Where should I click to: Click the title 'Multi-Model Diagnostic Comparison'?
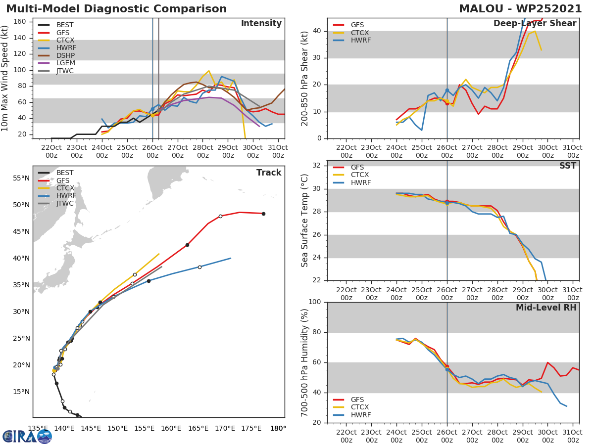coord(116,9)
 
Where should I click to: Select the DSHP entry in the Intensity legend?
coord(65,55)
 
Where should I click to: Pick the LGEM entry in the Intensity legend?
coord(65,63)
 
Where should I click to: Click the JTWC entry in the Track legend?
coord(65,203)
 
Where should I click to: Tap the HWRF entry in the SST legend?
coord(360,182)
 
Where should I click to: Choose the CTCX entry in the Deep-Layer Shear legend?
coord(360,33)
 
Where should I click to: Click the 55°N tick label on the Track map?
coord(20,178)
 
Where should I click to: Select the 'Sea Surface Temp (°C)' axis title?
coord(305,221)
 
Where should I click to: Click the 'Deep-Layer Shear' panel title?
coord(535,24)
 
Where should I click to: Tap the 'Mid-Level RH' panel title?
coord(546,308)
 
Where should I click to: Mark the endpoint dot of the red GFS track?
coord(263,214)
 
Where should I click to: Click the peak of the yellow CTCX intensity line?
coord(209,71)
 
